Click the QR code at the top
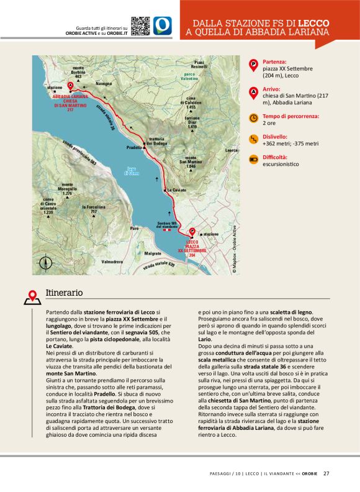tap(140, 25)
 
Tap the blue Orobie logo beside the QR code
tap(163, 25)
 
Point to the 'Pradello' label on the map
tap(135, 148)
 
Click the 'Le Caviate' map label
tap(176, 189)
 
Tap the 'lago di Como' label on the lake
tap(131, 171)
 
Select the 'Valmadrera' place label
tap(112, 262)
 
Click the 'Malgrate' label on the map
tap(153, 253)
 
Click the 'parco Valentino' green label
tap(189, 76)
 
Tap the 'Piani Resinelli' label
tap(199, 64)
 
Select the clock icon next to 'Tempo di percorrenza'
tap(253, 117)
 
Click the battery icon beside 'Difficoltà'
tap(253, 159)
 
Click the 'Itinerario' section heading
tap(64, 293)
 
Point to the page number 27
tap(326, 473)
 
